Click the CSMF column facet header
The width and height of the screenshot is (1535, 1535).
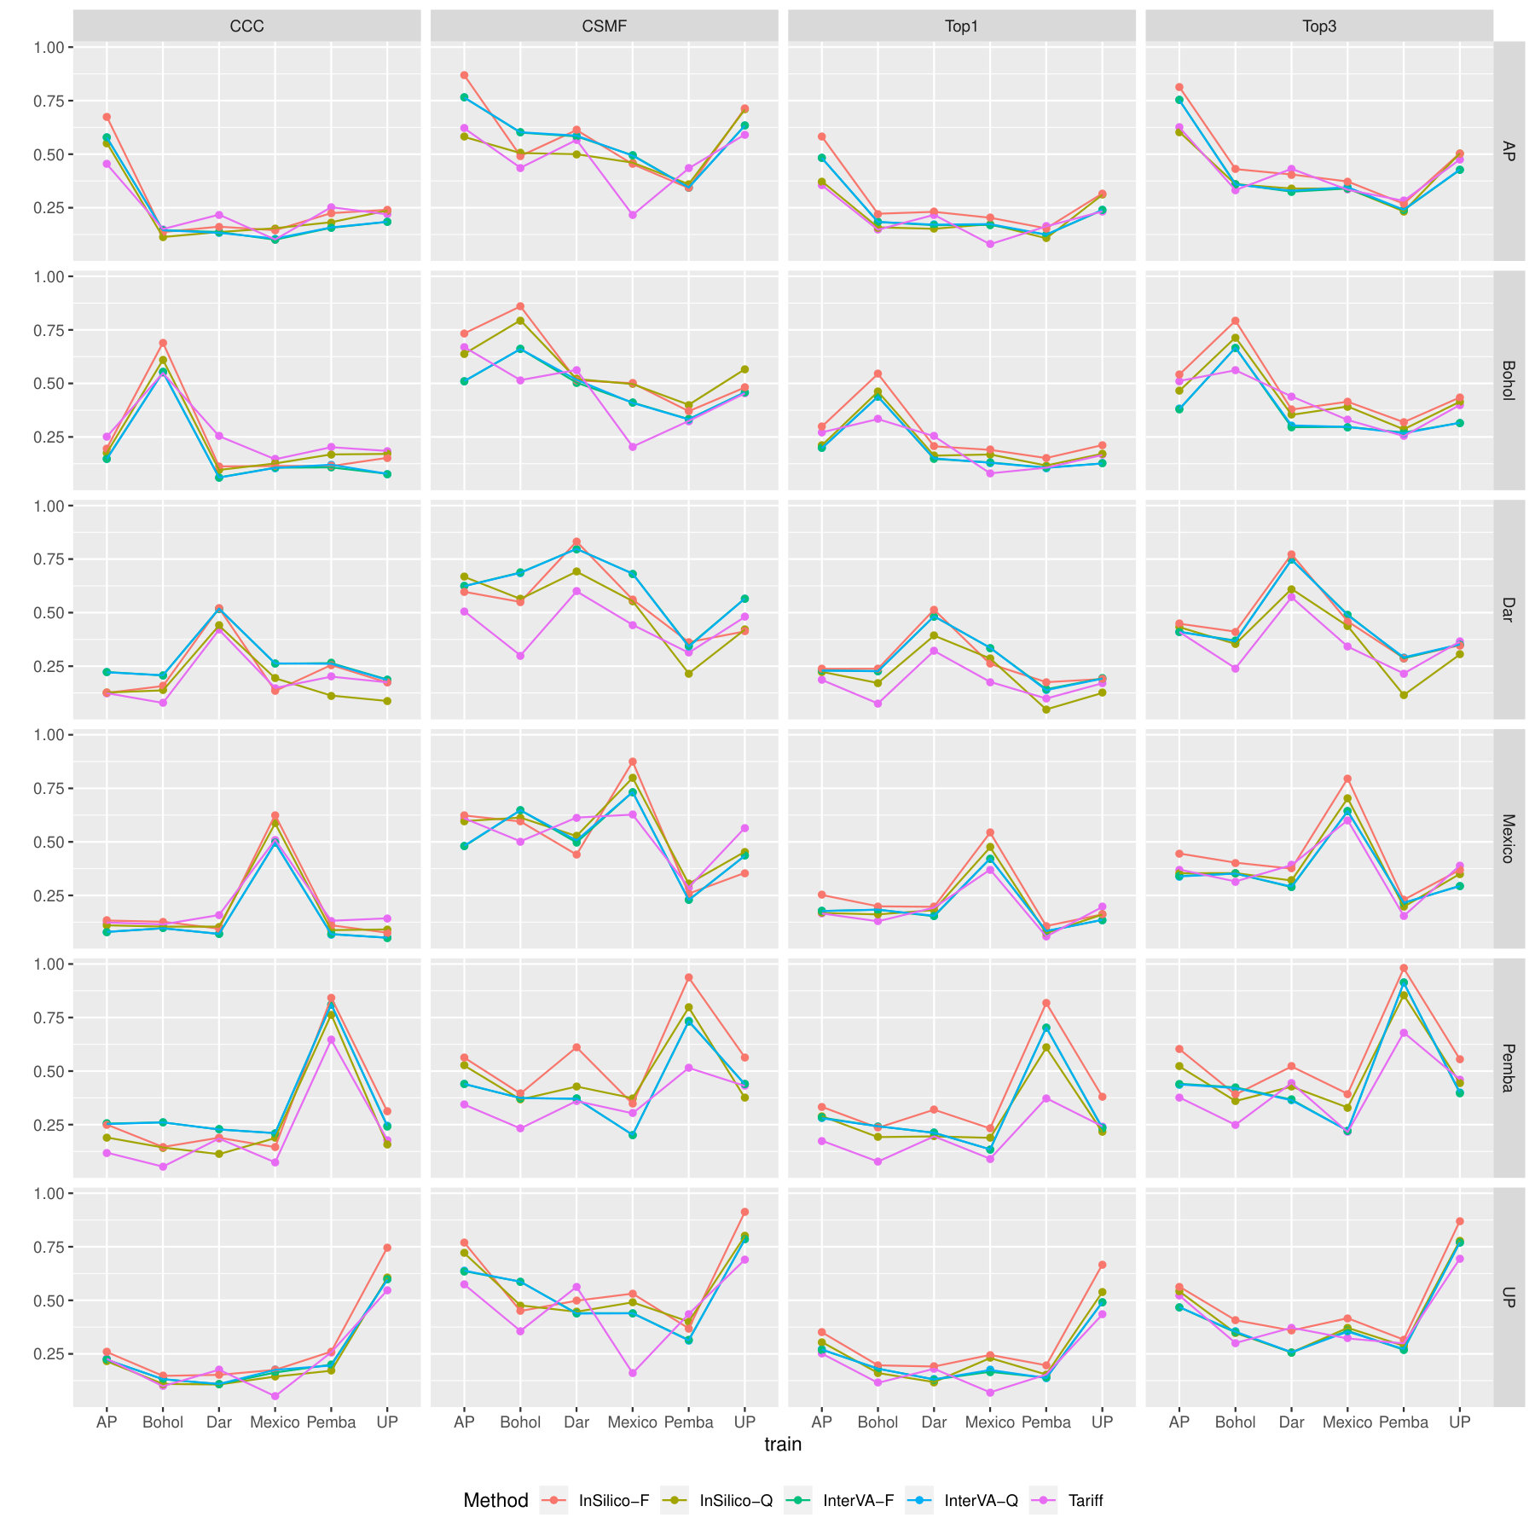(x=604, y=26)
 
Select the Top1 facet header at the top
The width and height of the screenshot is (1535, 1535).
(x=961, y=26)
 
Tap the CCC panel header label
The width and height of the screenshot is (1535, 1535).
(x=246, y=26)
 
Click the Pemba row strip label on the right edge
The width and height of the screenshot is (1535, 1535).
(x=1508, y=1068)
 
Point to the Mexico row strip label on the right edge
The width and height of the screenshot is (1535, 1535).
(x=1508, y=839)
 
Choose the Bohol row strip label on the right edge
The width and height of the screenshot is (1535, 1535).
(x=1508, y=380)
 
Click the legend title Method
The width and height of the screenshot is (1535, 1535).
(x=495, y=1500)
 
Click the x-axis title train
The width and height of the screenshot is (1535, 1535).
(x=783, y=1445)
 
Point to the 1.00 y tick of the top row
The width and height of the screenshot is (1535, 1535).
(x=49, y=48)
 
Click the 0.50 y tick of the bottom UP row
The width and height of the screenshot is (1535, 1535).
(x=49, y=1300)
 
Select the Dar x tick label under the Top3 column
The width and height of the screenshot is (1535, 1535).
(x=1291, y=1422)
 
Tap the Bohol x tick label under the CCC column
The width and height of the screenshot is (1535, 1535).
(x=163, y=1422)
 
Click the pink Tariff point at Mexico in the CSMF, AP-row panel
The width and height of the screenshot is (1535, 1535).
(x=633, y=215)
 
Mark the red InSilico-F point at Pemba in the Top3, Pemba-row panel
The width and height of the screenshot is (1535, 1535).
(x=1404, y=968)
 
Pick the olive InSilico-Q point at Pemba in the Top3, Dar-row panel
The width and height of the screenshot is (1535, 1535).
(x=1404, y=695)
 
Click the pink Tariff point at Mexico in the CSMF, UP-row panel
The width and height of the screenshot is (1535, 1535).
(x=633, y=1373)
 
